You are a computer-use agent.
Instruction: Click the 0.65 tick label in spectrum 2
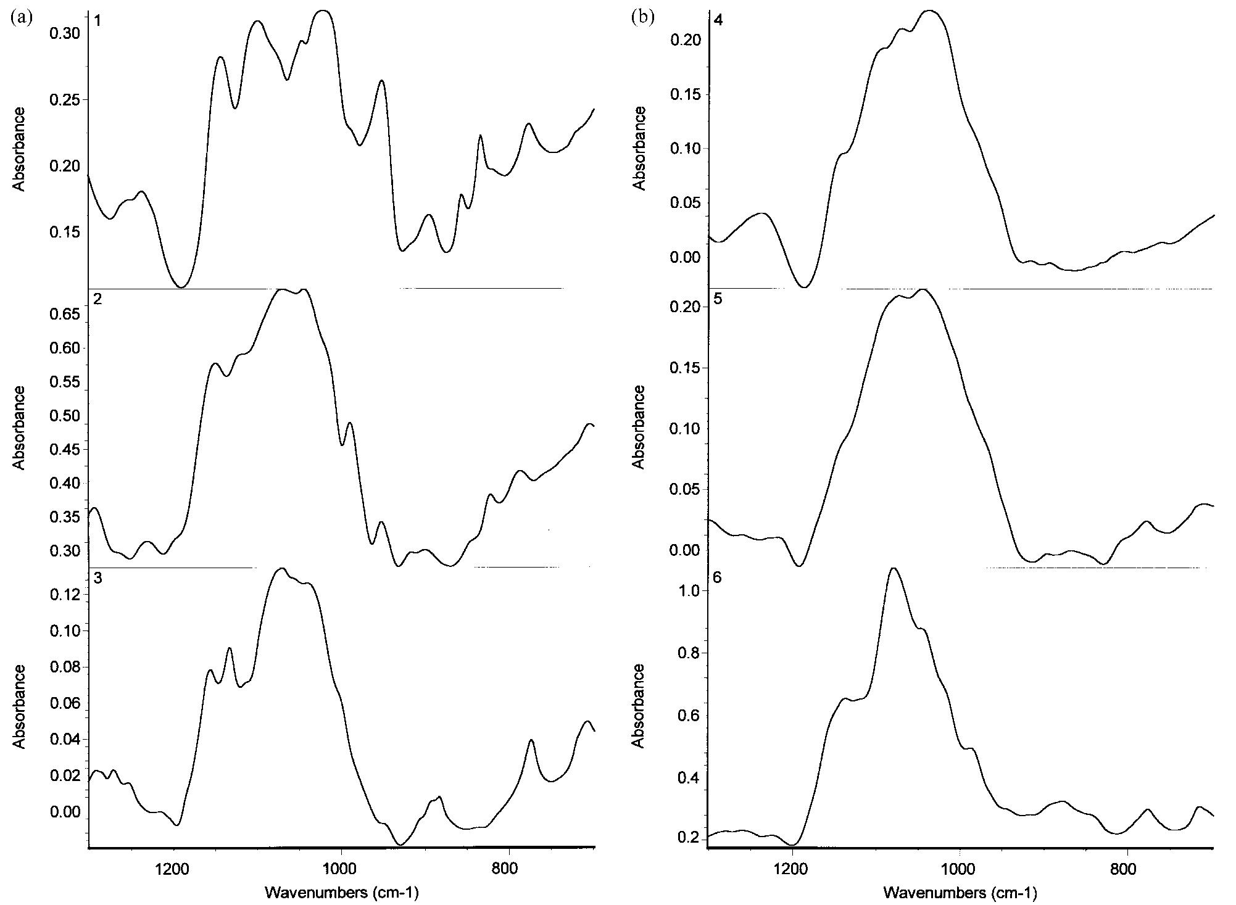point(64,315)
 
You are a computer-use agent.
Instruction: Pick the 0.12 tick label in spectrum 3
point(64,595)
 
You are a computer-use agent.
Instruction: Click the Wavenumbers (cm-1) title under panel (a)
point(341,892)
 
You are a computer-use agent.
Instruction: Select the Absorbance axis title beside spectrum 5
point(639,427)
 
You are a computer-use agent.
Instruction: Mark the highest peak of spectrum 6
point(893,568)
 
